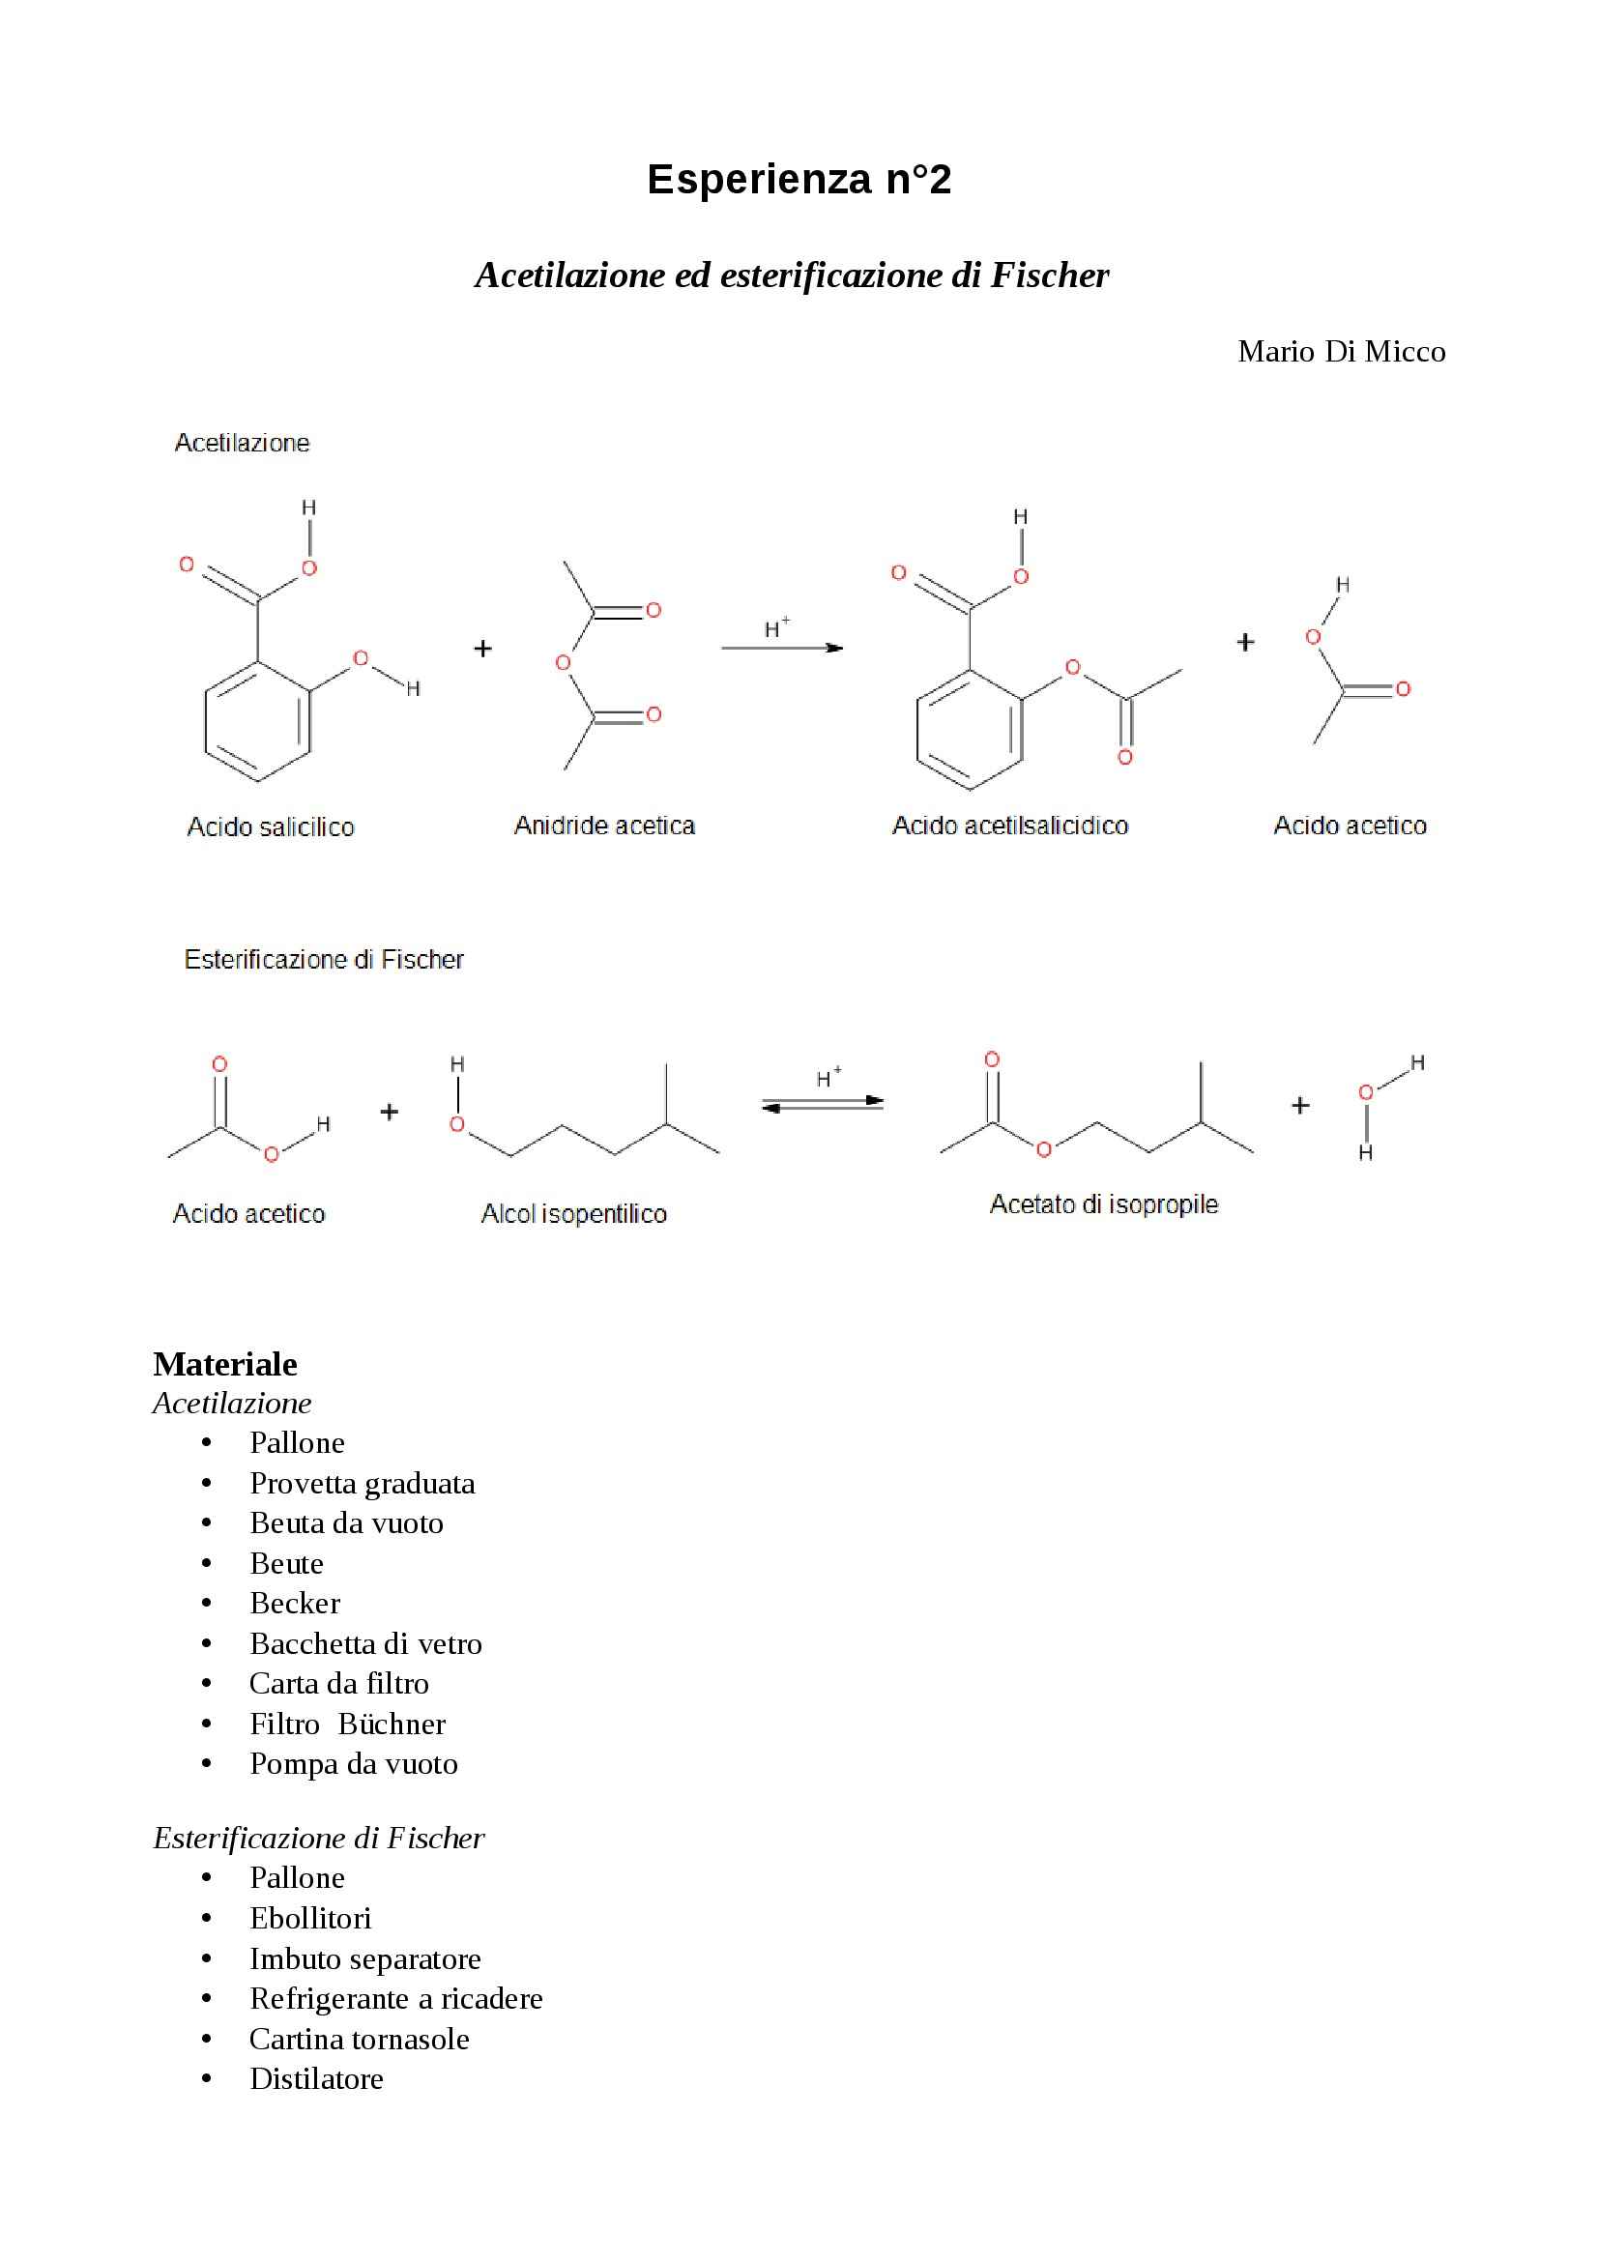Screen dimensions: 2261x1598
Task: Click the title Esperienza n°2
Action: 799,179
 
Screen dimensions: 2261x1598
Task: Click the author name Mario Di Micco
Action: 1341,352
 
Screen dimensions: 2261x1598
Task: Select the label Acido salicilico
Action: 270,826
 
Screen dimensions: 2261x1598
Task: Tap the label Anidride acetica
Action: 604,826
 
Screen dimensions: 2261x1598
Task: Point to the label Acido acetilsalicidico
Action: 1009,826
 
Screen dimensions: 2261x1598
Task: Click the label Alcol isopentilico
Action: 573,1213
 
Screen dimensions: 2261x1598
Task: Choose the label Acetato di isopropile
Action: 1103,1203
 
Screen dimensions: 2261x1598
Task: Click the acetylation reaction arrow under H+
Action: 782,648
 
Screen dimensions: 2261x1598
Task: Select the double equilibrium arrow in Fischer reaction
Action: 822,1104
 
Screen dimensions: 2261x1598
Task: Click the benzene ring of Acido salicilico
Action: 257,722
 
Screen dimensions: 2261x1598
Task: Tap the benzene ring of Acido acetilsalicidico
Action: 969,730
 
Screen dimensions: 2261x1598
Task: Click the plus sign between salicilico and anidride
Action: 482,648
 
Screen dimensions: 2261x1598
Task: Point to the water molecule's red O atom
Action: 1365,1092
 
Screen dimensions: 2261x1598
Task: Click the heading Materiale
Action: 224,1364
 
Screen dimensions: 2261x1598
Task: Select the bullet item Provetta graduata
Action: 362,1483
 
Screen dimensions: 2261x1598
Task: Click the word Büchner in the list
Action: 391,1724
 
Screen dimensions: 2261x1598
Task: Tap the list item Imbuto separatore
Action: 364,1958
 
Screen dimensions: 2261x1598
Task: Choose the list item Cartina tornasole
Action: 359,2039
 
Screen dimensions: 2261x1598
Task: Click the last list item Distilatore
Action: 316,2078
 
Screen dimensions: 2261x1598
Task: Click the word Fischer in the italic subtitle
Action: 1050,275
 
